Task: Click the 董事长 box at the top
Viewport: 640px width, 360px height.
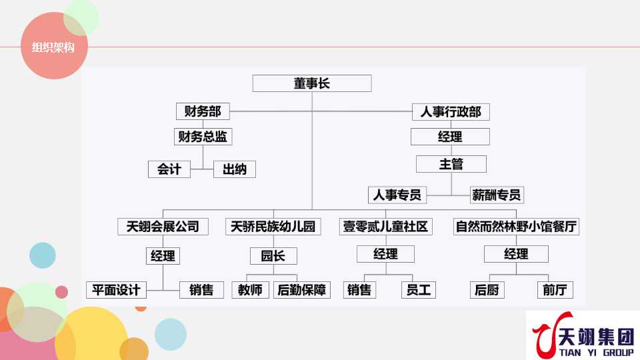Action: coord(312,83)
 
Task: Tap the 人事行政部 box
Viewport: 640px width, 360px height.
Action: coord(451,111)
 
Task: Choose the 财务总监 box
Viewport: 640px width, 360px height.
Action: coord(203,137)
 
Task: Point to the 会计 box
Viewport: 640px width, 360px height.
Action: coord(169,169)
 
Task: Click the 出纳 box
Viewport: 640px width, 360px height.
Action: coord(234,169)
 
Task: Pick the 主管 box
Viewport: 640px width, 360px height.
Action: coord(451,164)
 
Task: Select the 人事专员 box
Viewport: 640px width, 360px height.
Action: coord(397,195)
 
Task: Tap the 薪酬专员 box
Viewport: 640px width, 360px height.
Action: coord(497,195)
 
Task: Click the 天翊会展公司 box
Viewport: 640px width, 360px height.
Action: coord(163,227)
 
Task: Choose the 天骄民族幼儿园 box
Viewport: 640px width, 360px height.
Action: coord(273,227)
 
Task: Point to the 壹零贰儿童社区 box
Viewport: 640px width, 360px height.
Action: coord(385,227)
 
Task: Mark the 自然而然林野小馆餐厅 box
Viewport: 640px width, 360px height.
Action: coord(515,227)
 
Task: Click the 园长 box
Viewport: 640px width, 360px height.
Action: coord(273,255)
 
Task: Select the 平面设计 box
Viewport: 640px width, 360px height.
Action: coord(116,290)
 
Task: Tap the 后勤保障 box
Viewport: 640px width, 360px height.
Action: coord(302,290)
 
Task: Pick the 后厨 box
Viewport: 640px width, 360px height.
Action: coord(487,290)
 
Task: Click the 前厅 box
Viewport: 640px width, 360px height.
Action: coord(555,290)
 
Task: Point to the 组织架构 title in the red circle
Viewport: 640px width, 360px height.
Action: coord(53,47)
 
